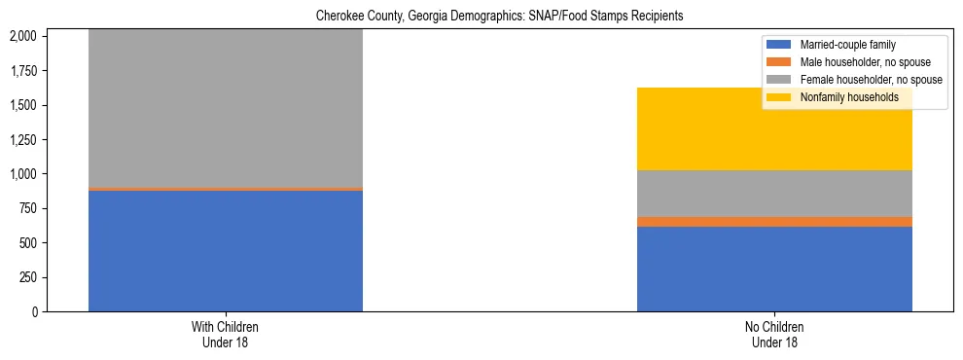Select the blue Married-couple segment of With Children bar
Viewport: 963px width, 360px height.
226,251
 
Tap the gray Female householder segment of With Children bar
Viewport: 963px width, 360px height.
226,107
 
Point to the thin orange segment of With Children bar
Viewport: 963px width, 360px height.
226,189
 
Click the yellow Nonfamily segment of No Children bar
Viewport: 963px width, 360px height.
774,129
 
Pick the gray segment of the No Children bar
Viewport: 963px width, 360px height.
774,194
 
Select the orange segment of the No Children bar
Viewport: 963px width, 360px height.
774,222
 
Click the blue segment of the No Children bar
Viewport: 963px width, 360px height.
774,270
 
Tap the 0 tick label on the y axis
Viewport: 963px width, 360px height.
37,312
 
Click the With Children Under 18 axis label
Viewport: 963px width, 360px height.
226,335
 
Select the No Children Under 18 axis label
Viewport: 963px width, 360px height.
774,335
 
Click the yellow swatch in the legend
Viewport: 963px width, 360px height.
780,97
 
